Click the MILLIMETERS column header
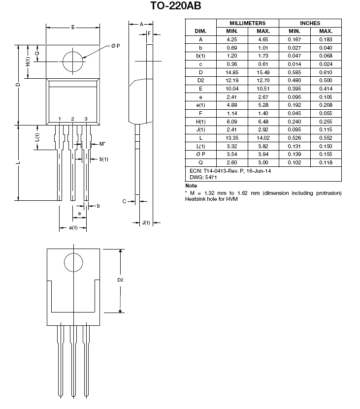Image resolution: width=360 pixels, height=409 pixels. coord(248,23)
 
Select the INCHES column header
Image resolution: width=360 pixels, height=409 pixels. coord(310,23)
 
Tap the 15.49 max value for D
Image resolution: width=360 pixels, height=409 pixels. coord(263,72)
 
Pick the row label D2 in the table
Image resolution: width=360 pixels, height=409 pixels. coord(200,81)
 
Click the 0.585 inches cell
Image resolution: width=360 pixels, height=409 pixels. coord(295,72)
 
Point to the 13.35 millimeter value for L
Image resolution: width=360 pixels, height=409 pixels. coord(232,138)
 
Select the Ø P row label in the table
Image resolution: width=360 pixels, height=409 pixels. coord(200,155)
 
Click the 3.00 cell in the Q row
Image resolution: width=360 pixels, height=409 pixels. coord(263,163)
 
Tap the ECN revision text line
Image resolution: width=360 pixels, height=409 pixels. coord(230,170)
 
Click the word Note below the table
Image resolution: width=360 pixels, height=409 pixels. coord(191,186)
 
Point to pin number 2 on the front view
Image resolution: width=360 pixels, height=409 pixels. coord(72,119)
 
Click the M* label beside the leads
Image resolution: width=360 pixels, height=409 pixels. coord(102,144)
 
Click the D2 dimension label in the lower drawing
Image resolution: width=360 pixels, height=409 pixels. coord(120,280)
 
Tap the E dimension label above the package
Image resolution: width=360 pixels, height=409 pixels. coord(72,27)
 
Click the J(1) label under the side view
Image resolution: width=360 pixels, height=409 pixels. coord(146,222)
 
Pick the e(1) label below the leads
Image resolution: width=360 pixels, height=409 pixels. coord(73,228)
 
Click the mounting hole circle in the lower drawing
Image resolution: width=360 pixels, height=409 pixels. coord(73,261)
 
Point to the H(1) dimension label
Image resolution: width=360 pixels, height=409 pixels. coord(28,62)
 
